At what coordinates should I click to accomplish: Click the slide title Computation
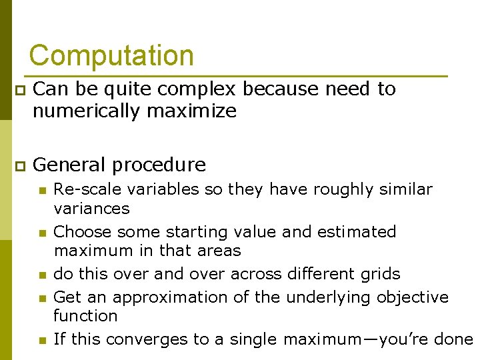point(111,55)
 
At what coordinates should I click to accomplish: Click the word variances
point(91,209)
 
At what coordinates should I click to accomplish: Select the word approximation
point(171,297)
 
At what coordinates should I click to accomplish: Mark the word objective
point(413,297)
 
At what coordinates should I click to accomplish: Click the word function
point(85,316)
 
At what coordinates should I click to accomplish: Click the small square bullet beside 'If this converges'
point(41,341)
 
